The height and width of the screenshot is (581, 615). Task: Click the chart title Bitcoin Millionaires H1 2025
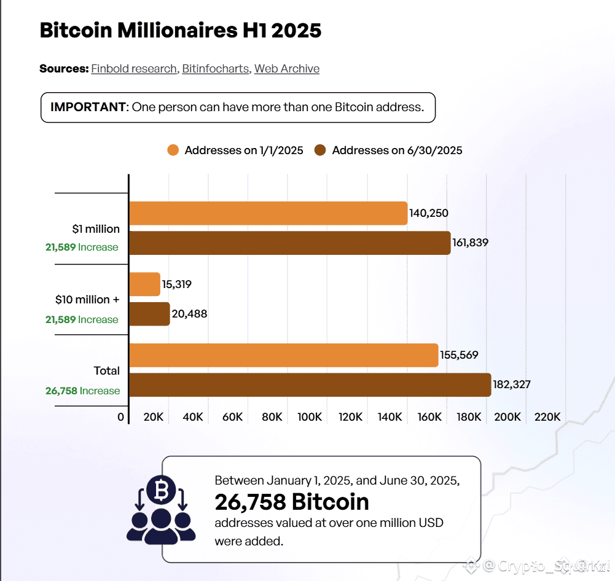(x=180, y=30)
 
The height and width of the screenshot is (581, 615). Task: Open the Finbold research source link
(x=134, y=69)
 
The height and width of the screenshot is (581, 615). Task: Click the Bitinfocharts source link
(x=216, y=69)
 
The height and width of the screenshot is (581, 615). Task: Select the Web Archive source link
(x=287, y=69)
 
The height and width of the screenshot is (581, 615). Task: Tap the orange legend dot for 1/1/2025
(x=173, y=150)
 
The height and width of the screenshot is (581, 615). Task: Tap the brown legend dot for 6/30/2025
(x=320, y=150)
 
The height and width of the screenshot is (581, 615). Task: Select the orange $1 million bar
(x=268, y=213)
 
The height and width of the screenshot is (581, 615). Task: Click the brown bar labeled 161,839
(x=289, y=243)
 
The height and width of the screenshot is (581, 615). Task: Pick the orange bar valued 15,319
(x=145, y=284)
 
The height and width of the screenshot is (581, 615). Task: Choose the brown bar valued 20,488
(x=149, y=314)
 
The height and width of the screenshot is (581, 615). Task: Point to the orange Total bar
(x=283, y=355)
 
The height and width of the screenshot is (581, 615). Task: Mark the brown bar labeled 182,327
(x=310, y=384)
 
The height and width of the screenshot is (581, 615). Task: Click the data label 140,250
(x=429, y=214)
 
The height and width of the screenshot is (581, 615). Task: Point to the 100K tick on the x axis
(x=310, y=417)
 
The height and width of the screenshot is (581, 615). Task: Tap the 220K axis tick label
(x=548, y=417)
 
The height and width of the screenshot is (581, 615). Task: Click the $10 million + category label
(x=87, y=300)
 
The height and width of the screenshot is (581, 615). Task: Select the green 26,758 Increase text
(x=82, y=391)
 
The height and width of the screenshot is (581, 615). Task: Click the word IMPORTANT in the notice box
(x=88, y=107)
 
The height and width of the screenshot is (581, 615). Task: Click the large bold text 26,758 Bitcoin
(x=292, y=502)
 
